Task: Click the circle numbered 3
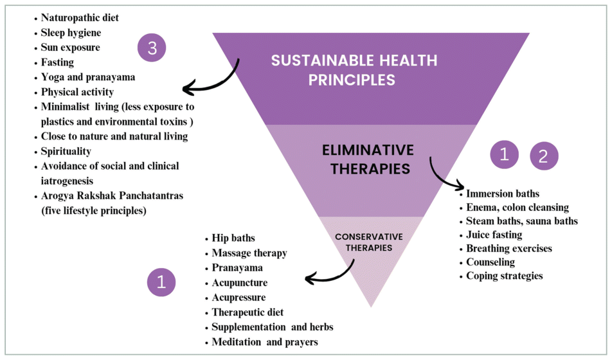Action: tap(152, 50)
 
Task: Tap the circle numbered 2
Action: tap(544, 156)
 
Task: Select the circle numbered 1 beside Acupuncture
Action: tap(161, 282)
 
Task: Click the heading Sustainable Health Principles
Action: tap(354, 70)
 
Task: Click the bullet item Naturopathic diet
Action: tap(80, 18)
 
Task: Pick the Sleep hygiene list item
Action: tap(71, 33)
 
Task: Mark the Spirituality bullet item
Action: tap(66, 151)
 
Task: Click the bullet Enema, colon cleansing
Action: tap(517, 207)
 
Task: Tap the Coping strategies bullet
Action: tap(504, 276)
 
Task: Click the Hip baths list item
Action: tap(233, 239)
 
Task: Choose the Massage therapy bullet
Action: tap(249, 253)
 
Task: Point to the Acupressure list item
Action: tap(239, 298)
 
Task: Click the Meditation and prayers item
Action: tap(264, 342)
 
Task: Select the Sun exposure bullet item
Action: tap(70, 48)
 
